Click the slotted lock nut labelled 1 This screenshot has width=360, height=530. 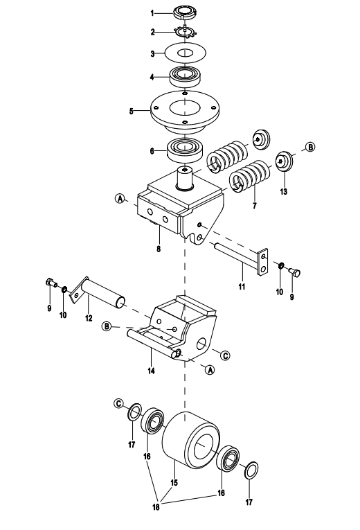[x=184, y=13]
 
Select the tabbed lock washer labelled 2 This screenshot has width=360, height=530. [x=186, y=32]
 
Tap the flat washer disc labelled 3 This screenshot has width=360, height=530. [x=186, y=53]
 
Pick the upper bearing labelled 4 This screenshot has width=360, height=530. [x=185, y=78]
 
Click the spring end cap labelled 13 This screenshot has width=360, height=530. [x=285, y=161]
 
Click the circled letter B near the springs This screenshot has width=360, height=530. [x=310, y=147]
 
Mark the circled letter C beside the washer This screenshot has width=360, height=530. [x=118, y=403]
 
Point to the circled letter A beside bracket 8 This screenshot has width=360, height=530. [x=120, y=198]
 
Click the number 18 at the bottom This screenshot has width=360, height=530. [x=156, y=506]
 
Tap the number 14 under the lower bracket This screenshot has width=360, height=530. [x=151, y=371]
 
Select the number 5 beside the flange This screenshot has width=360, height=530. [x=131, y=112]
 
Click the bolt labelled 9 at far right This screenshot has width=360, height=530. [x=294, y=272]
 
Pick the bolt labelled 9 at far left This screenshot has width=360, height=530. [x=51, y=282]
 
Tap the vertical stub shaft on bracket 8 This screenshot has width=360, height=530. [x=185, y=179]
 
